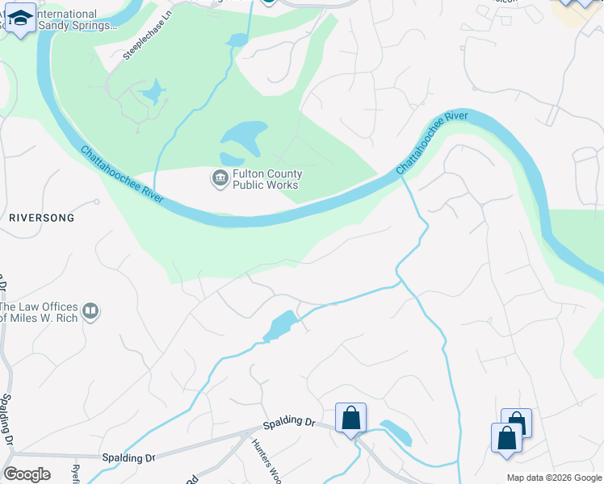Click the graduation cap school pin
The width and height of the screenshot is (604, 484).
(23, 18)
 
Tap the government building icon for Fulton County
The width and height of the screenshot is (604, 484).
(220, 178)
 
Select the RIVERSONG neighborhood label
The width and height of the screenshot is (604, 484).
(41, 218)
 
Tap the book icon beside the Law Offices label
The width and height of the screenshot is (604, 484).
(91, 311)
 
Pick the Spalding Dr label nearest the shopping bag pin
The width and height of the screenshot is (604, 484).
(288, 423)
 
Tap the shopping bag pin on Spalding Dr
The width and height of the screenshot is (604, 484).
(350, 418)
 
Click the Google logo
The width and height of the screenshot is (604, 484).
(27, 474)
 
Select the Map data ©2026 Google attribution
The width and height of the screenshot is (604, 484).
(554, 478)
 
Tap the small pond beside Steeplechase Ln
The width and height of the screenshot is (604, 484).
(151, 94)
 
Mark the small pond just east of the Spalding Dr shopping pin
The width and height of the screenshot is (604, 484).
(396, 433)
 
